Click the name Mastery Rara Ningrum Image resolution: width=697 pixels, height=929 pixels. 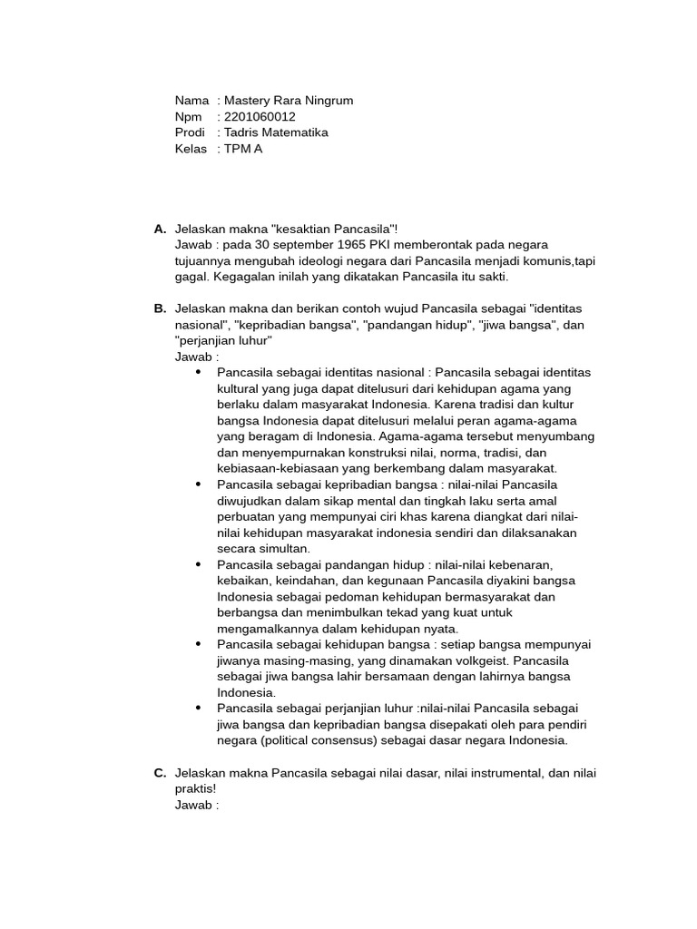(x=289, y=101)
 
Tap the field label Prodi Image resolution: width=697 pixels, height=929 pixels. (x=190, y=132)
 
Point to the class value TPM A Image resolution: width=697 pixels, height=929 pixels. (x=243, y=149)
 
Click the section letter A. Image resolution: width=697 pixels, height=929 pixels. (x=160, y=229)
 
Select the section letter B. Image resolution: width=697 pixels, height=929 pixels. (x=160, y=308)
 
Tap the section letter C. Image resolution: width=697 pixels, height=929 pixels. (x=160, y=773)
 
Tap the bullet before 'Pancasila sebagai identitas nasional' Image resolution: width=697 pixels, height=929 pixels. (x=198, y=373)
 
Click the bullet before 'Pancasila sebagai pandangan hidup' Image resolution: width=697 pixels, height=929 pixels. (x=198, y=564)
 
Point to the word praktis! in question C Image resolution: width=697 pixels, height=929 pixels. (x=197, y=789)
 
